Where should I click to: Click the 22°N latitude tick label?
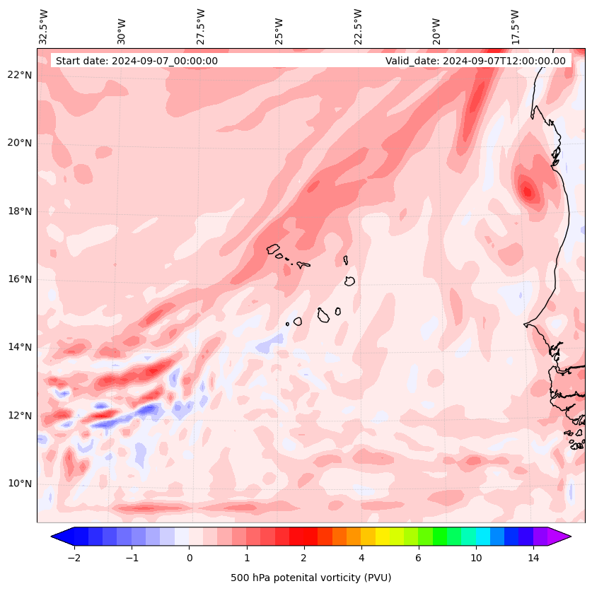[20, 75]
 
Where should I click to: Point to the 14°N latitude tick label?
[20, 347]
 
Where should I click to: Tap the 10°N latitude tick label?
[20, 484]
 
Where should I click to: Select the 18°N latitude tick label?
[20, 211]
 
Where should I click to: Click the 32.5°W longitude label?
[44, 26]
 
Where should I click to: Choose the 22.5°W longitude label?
[359, 26]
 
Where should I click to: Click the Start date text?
[137, 61]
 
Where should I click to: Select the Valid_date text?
[475, 61]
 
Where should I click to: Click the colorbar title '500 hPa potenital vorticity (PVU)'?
[310, 578]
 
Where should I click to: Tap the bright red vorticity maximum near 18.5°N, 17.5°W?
[526, 189]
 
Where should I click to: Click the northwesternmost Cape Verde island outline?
[273, 249]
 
